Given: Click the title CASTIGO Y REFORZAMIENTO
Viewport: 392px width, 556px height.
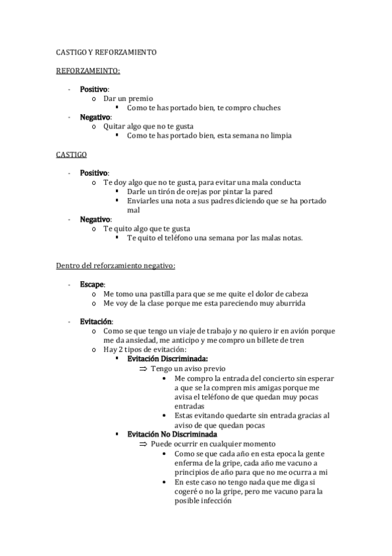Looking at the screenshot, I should [106, 52].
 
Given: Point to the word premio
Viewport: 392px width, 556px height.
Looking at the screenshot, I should [140, 98].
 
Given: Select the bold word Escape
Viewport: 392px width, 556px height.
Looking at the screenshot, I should [92, 285].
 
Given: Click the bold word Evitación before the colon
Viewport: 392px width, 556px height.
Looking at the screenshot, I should [96, 322].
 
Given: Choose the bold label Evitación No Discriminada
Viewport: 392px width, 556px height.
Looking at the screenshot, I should [173, 434].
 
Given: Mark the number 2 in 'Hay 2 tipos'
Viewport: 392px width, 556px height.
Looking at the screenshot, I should [119, 350].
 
